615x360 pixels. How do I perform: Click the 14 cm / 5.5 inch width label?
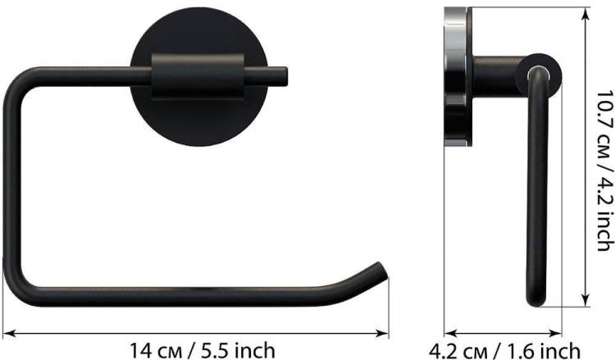(203, 350)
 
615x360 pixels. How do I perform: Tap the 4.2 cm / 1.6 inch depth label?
(505, 351)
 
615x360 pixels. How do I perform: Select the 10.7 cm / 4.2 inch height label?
(604, 171)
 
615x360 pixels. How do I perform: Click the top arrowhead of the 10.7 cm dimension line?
(585, 14)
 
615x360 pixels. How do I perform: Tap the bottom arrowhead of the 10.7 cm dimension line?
(585, 300)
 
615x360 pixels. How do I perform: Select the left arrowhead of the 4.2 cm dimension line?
(451, 333)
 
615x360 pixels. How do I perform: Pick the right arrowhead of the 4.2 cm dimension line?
(555, 333)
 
